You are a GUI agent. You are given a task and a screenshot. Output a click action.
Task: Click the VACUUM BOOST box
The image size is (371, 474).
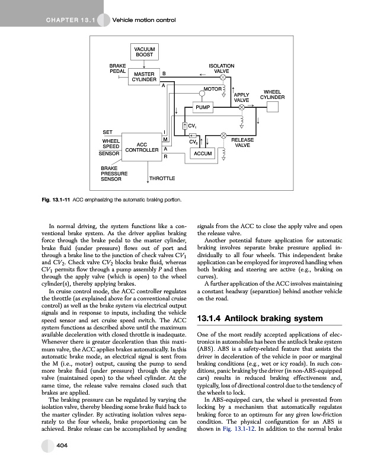(144, 52)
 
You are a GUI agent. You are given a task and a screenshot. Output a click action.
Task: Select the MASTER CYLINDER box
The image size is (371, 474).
(144, 76)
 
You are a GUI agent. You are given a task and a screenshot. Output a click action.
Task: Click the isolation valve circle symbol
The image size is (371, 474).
(223, 77)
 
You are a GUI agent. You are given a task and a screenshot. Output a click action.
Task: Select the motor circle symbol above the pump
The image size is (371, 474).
(224, 90)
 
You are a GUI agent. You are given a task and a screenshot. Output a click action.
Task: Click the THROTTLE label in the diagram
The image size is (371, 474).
(162, 178)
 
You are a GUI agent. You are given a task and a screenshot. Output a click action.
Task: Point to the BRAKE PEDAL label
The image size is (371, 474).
(116, 68)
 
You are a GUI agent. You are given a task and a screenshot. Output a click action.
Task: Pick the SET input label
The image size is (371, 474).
(108, 132)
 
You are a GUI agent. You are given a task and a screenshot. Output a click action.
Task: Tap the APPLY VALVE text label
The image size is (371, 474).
(241, 98)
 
